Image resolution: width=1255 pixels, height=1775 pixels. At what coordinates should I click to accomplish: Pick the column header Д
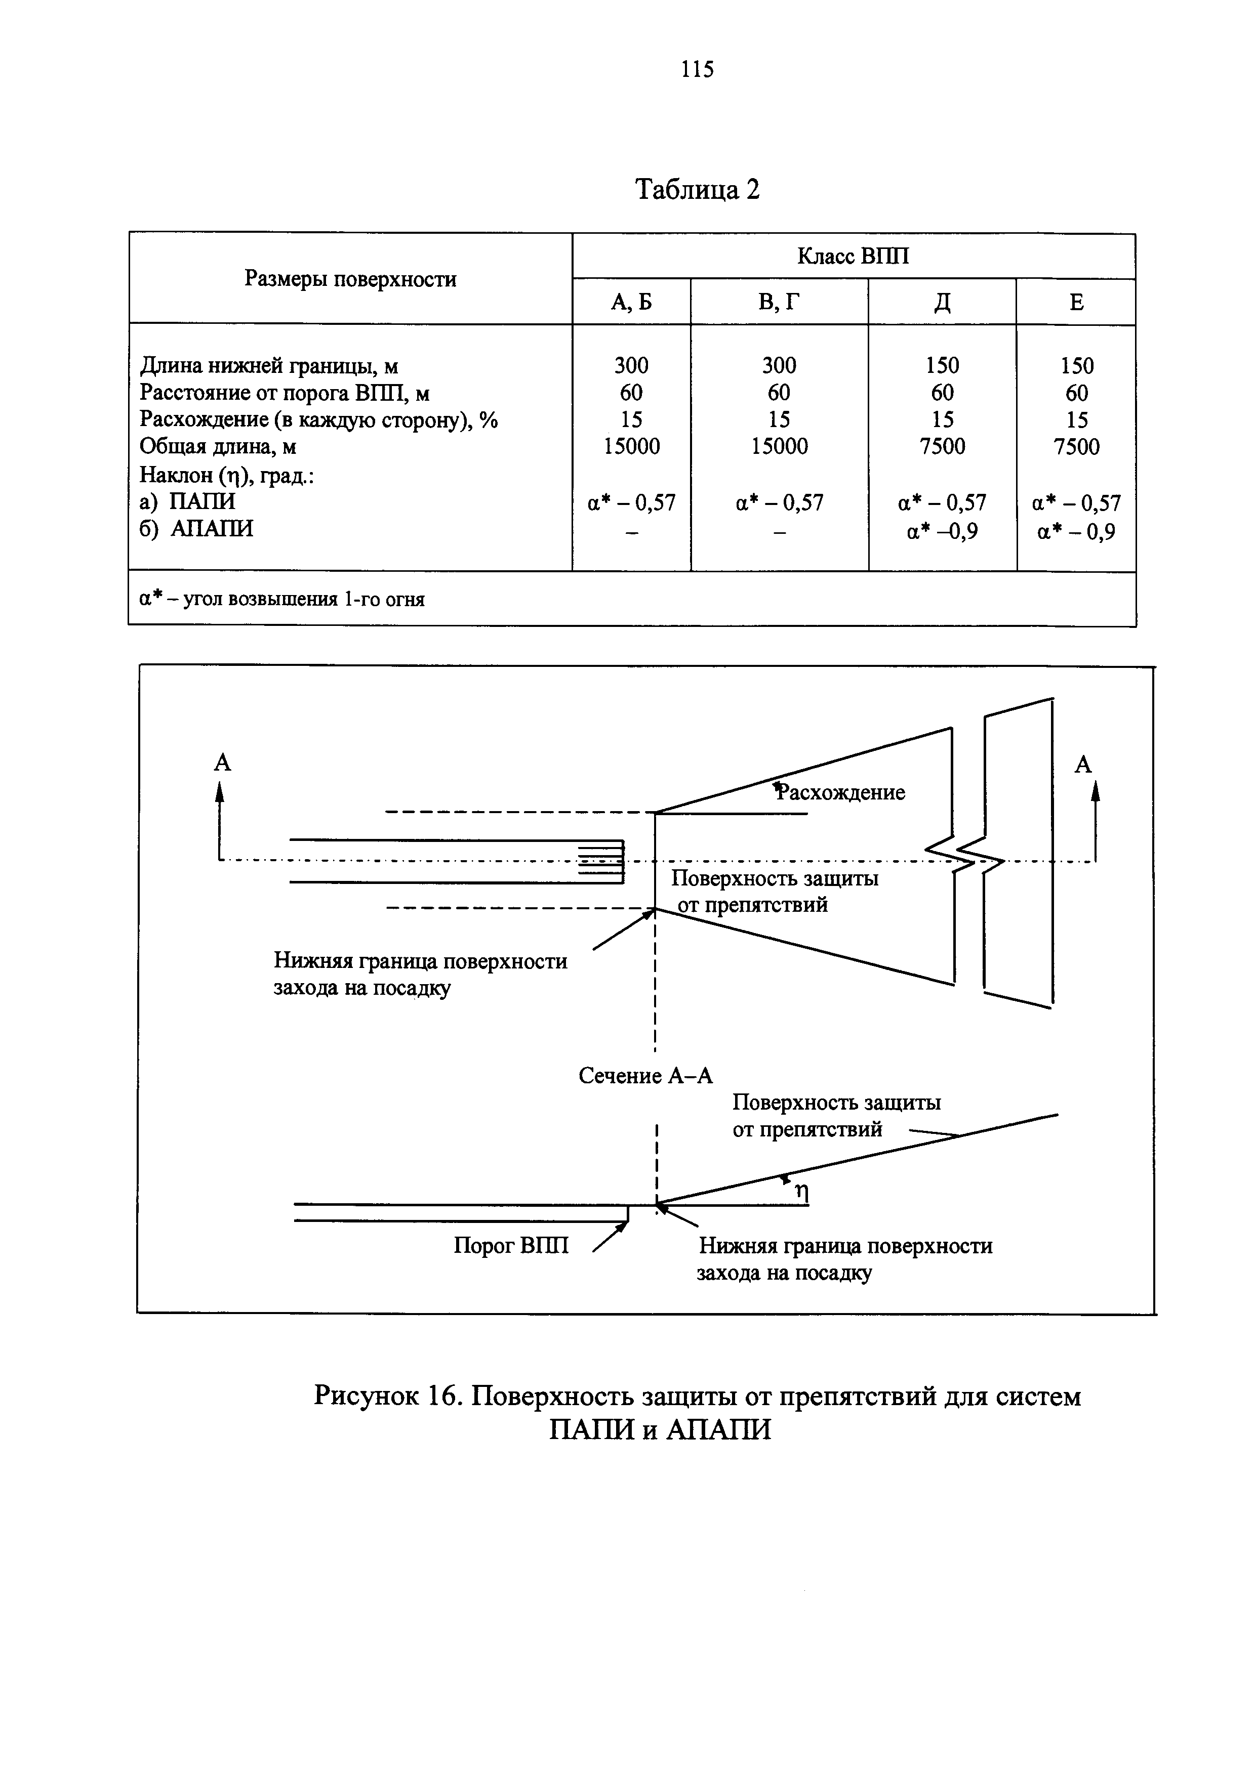(942, 302)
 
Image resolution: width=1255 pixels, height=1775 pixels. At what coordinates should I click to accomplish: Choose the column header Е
(1076, 302)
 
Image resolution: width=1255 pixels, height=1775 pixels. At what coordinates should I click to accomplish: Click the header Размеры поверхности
(350, 279)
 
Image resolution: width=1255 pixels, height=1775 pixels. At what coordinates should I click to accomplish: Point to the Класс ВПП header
(853, 256)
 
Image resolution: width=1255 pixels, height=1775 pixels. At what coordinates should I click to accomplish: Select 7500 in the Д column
(942, 447)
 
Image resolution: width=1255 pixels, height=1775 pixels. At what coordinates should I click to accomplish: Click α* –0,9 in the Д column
(942, 531)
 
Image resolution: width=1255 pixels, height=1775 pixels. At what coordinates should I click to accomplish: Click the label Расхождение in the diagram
(841, 792)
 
